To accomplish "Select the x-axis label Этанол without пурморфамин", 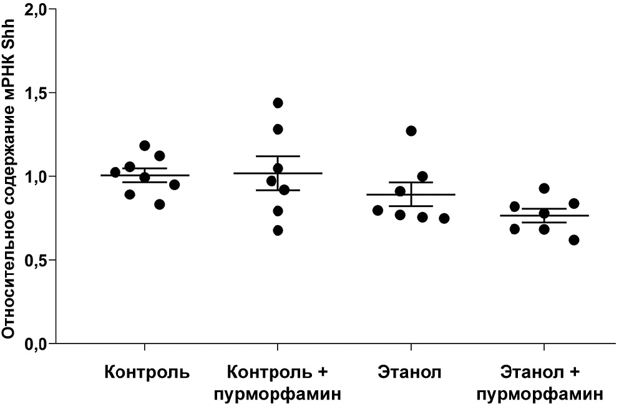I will [409, 373].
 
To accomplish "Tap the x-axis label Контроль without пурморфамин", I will [147, 373].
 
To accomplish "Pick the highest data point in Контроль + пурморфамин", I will [278, 103].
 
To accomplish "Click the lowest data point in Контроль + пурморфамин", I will [278, 231].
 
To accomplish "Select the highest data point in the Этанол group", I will [411, 131].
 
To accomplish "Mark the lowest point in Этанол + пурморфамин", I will [574, 240].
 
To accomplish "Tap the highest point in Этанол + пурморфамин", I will [544, 188].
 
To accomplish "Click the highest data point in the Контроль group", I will [145, 145].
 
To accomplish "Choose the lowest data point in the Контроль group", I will [159, 205].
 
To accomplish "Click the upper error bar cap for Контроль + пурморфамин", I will [278, 156].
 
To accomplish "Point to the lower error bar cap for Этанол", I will [411, 206].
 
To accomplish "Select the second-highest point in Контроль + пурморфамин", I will [278, 129].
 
